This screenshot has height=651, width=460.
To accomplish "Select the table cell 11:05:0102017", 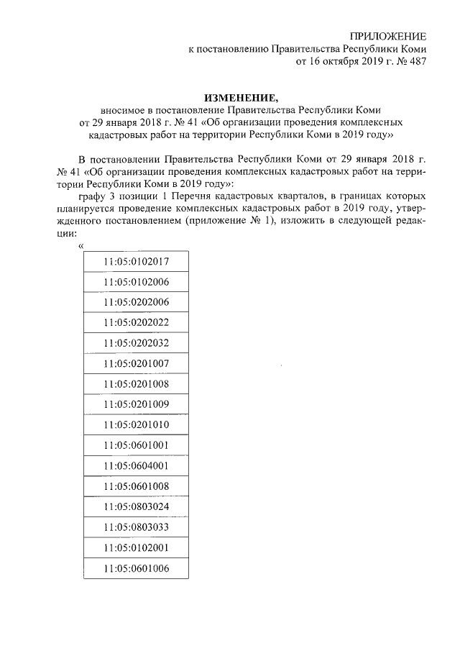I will (136, 261).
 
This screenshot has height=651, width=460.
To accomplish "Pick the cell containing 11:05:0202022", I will (136, 322).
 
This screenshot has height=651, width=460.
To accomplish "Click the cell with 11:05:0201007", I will (136, 363).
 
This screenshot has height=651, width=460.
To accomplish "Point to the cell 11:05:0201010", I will (136, 424).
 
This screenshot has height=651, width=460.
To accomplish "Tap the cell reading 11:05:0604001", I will (136, 465).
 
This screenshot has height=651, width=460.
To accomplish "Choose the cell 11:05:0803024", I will (136, 506).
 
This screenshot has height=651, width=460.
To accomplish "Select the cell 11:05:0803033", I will (136, 527).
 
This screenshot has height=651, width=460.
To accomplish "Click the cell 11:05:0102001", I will (136, 547).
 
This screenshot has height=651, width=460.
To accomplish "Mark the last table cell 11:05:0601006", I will (136, 568).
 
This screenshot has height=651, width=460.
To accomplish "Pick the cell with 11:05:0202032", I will (136, 343).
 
